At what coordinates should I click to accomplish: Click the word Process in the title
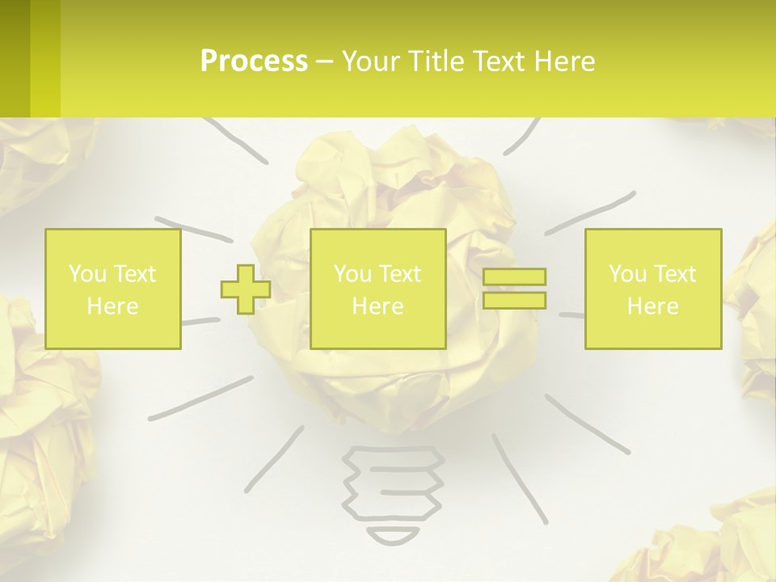click(254, 61)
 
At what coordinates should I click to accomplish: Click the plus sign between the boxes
click(246, 289)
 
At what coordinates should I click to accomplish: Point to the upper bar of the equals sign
click(514, 277)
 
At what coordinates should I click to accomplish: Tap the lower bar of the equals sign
click(514, 300)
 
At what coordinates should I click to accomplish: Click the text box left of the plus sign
click(113, 289)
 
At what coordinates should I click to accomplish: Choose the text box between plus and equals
click(377, 289)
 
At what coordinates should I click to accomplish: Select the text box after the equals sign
click(653, 289)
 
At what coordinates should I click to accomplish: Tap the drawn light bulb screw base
click(394, 485)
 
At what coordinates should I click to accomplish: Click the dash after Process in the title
click(324, 61)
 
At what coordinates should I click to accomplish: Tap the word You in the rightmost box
click(628, 274)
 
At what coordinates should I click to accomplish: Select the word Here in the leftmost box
click(113, 306)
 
